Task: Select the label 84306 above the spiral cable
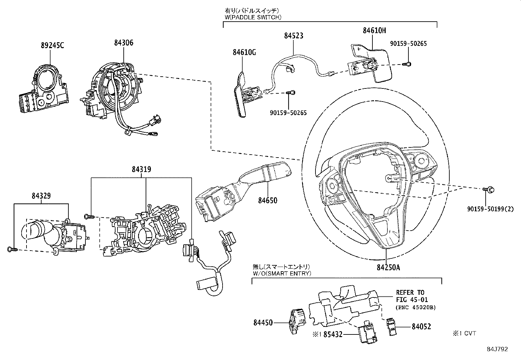[x=124, y=43]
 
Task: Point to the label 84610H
[x=374, y=30]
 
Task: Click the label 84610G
[x=244, y=52]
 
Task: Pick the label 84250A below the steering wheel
[x=388, y=268]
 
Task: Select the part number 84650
[x=267, y=200]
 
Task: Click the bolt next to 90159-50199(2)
[x=490, y=189]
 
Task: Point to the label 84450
[x=263, y=323]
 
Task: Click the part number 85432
[x=333, y=334]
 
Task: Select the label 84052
[x=421, y=327]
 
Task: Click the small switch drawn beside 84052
[x=391, y=326]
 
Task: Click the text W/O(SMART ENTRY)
[x=282, y=273]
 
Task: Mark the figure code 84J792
[x=497, y=349]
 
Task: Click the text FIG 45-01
[x=412, y=299]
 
